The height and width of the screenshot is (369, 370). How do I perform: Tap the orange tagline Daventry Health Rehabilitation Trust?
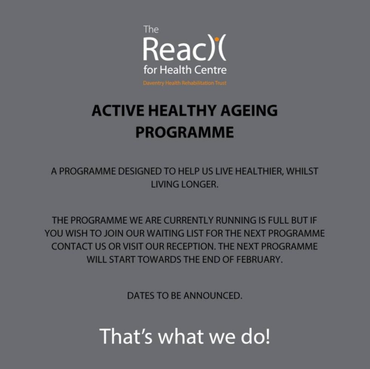pyautogui.click(x=185, y=83)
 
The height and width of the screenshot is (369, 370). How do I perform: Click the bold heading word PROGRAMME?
pyautogui.click(x=185, y=133)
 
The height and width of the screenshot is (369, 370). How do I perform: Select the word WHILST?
pyautogui.click(x=302, y=171)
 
